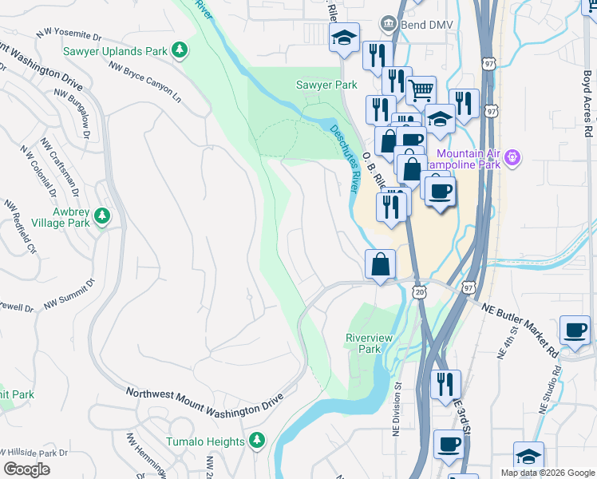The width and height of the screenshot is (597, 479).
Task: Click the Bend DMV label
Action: tap(427, 25)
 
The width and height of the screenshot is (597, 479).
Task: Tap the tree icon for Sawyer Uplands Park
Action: tap(180, 50)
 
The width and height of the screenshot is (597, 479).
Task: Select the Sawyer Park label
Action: tap(326, 84)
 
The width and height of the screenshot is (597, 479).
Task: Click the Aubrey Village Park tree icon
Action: tap(101, 215)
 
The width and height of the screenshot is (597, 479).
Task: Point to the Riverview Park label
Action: tap(369, 343)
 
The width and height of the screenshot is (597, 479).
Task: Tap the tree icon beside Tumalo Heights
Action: tap(256, 441)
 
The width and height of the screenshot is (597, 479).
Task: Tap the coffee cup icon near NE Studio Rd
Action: tap(575, 329)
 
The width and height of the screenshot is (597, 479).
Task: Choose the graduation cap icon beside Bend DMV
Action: tap(345, 38)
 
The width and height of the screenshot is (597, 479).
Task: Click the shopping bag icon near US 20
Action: tap(381, 263)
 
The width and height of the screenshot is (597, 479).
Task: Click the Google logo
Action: tap(26, 469)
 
